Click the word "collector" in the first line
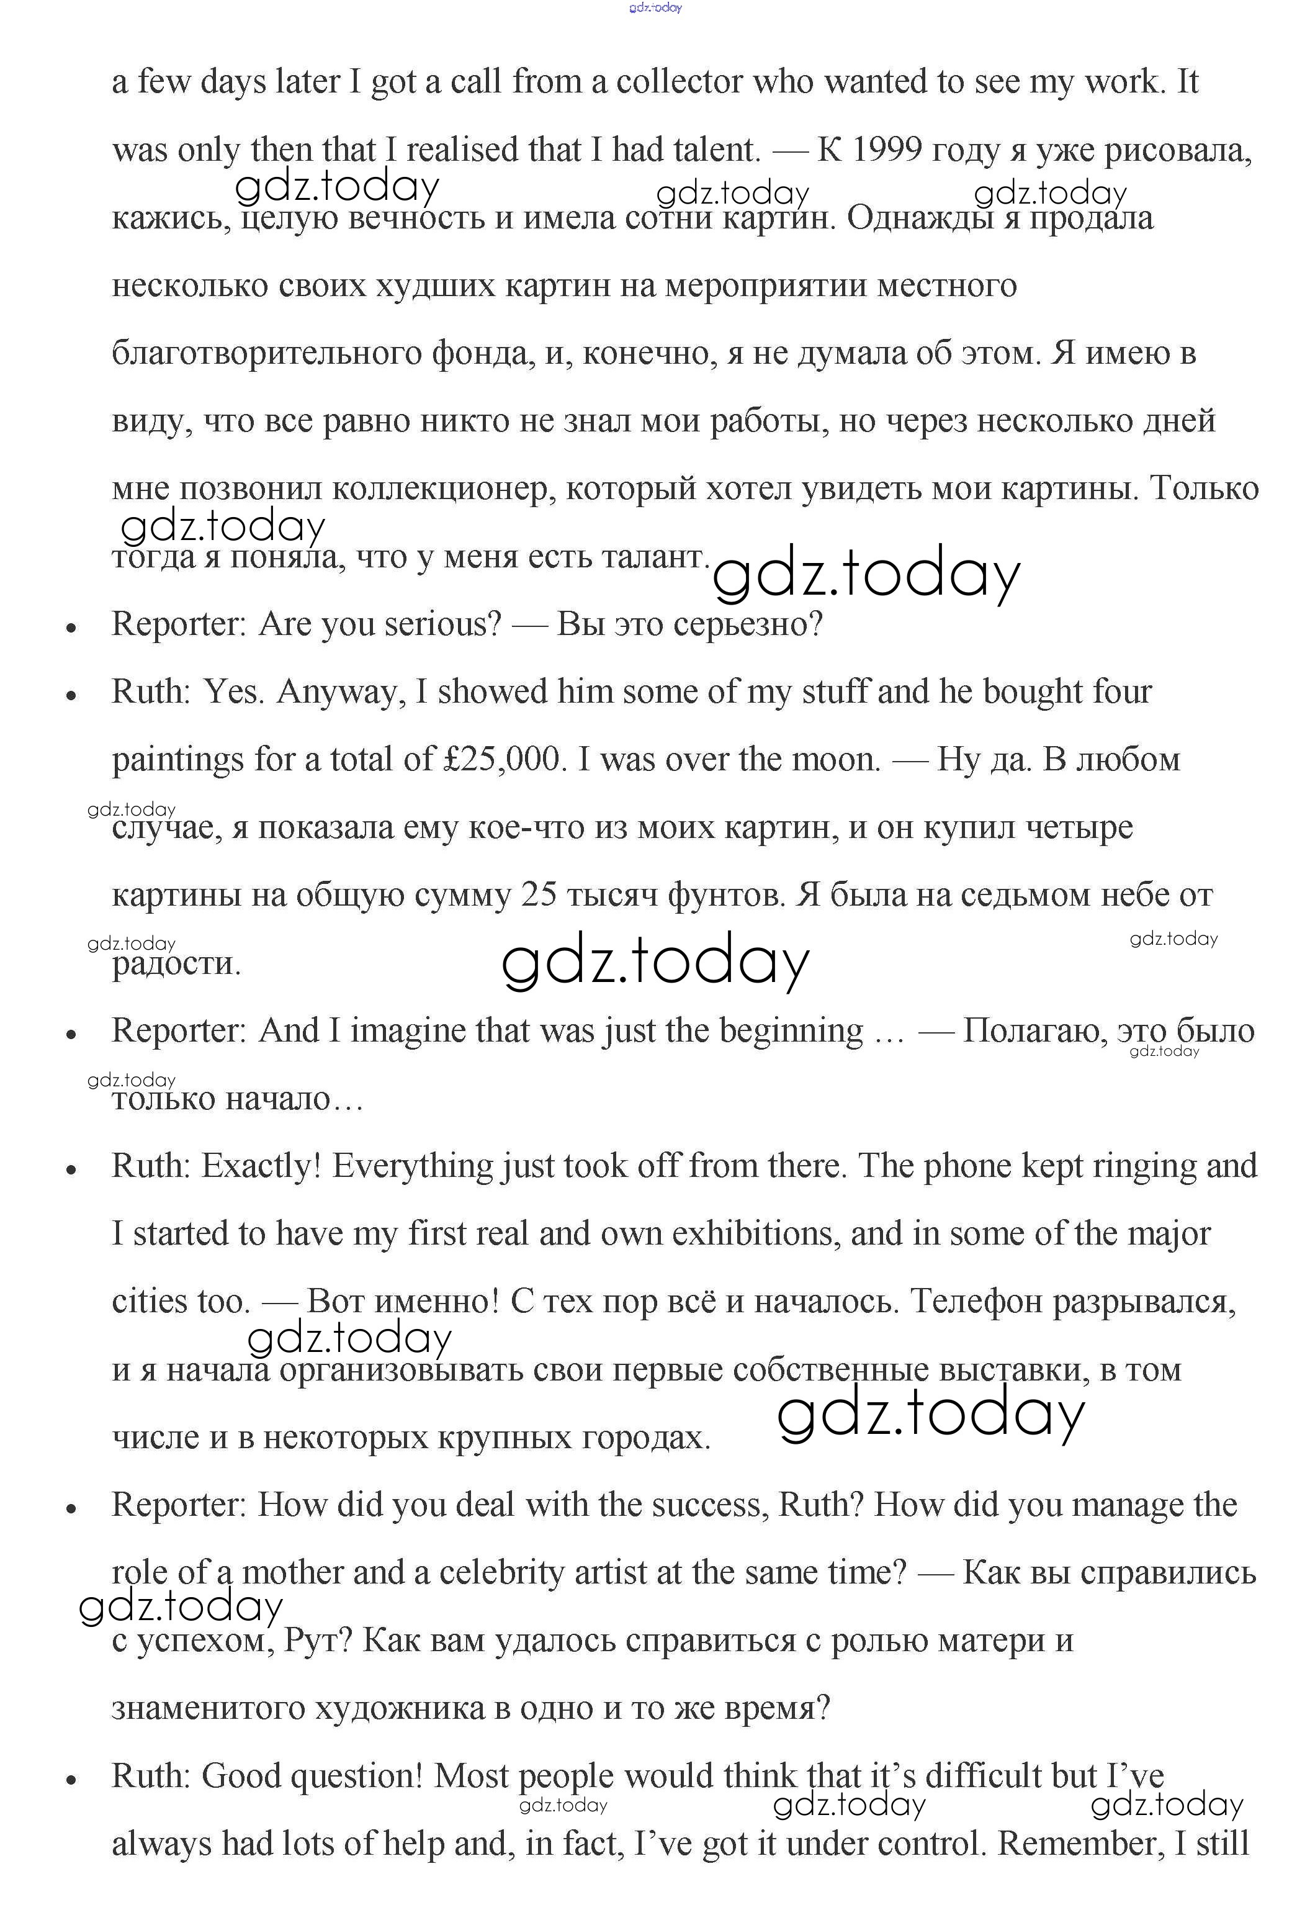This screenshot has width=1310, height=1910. tap(679, 82)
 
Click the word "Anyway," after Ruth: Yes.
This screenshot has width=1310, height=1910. tap(341, 692)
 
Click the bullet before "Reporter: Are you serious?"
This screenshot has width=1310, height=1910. tap(71, 628)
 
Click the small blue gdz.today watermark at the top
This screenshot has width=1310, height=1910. tap(655, 7)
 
